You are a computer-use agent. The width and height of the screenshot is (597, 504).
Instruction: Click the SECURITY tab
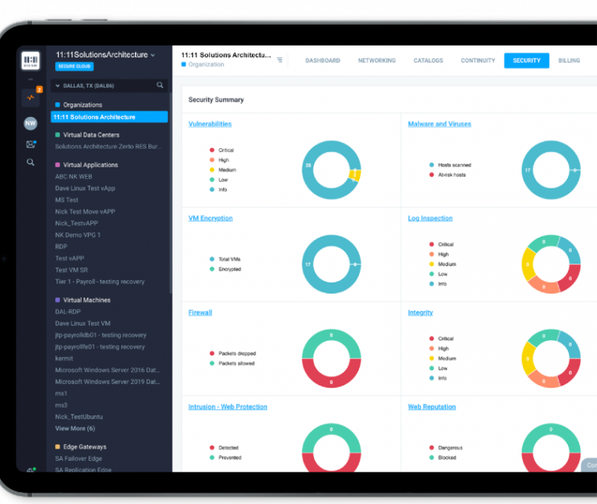click(526, 60)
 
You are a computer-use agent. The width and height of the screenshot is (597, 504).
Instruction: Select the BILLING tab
click(569, 60)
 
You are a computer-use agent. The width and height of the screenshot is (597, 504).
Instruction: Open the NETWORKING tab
click(376, 60)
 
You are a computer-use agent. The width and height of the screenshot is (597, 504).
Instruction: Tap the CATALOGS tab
click(428, 60)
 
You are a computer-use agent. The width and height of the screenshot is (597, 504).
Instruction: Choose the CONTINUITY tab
click(478, 60)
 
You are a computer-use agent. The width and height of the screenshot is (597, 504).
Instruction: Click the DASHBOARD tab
click(322, 60)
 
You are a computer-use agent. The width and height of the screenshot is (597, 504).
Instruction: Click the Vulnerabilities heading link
click(210, 124)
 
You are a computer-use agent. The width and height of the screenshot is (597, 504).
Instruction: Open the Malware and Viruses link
click(439, 124)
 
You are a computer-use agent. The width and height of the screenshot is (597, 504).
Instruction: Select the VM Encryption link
click(211, 218)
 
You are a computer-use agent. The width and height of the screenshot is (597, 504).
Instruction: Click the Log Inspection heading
click(430, 218)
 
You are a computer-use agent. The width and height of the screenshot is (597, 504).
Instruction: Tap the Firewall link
click(200, 312)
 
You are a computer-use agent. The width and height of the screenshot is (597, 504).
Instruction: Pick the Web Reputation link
click(431, 407)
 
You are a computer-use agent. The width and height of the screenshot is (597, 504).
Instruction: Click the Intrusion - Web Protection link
click(228, 407)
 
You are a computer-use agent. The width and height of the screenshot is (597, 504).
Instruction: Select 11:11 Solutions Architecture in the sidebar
click(95, 117)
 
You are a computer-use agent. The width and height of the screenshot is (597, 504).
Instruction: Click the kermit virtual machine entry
click(64, 358)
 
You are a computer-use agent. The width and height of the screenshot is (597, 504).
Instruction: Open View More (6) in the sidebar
click(75, 429)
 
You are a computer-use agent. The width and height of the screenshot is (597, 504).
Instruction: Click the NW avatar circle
click(31, 123)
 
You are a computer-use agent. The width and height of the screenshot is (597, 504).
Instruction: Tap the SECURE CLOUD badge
click(75, 67)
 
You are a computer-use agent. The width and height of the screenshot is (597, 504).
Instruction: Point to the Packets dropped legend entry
click(236, 353)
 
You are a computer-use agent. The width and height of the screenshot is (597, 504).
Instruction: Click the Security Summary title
click(216, 100)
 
